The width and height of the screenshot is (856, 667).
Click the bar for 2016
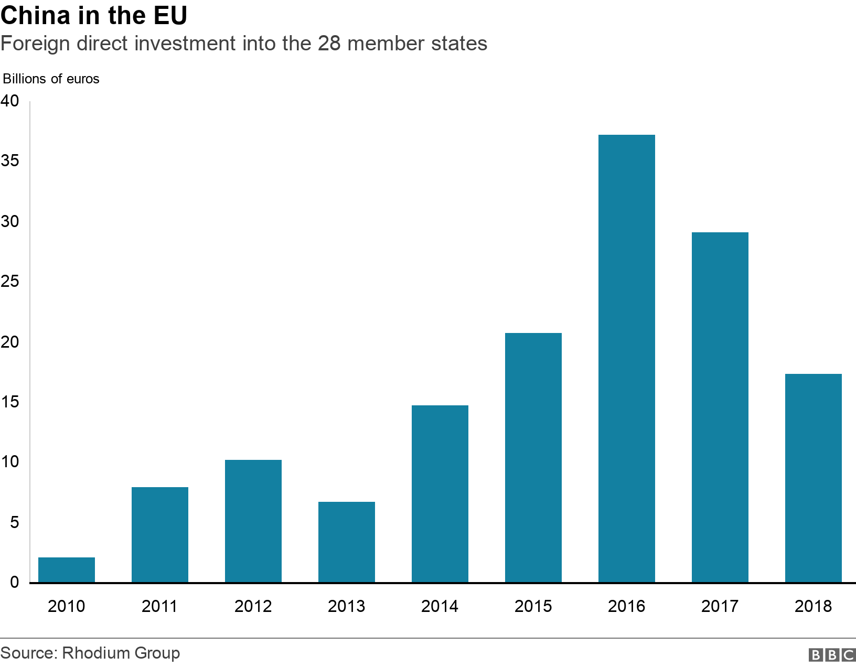[x=626, y=359]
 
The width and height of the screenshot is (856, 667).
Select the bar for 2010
[x=67, y=569]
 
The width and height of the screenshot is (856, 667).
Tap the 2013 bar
[x=347, y=542]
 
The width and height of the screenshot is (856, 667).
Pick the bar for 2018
[x=813, y=478]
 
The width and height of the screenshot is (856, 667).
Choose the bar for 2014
[x=440, y=493]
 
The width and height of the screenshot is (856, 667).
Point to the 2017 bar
[x=720, y=407]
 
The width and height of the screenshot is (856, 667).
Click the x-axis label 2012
[x=253, y=606]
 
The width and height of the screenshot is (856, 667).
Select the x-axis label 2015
[x=533, y=606]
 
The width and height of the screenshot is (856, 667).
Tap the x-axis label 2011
[x=160, y=606]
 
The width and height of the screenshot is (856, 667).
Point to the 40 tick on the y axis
[x=10, y=101]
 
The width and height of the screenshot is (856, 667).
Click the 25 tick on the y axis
[x=10, y=282]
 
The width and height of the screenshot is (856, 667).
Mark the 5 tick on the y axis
[x=14, y=522]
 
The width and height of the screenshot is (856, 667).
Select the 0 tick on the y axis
[x=14, y=582]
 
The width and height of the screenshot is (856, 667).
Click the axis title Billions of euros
[x=51, y=79]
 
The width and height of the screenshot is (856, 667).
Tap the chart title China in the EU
[x=94, y=16]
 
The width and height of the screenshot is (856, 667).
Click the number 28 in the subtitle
[x=329, y=44]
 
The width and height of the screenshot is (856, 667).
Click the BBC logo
[x=832, y=654]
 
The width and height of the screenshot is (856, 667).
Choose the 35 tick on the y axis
[x=10, y=161]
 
